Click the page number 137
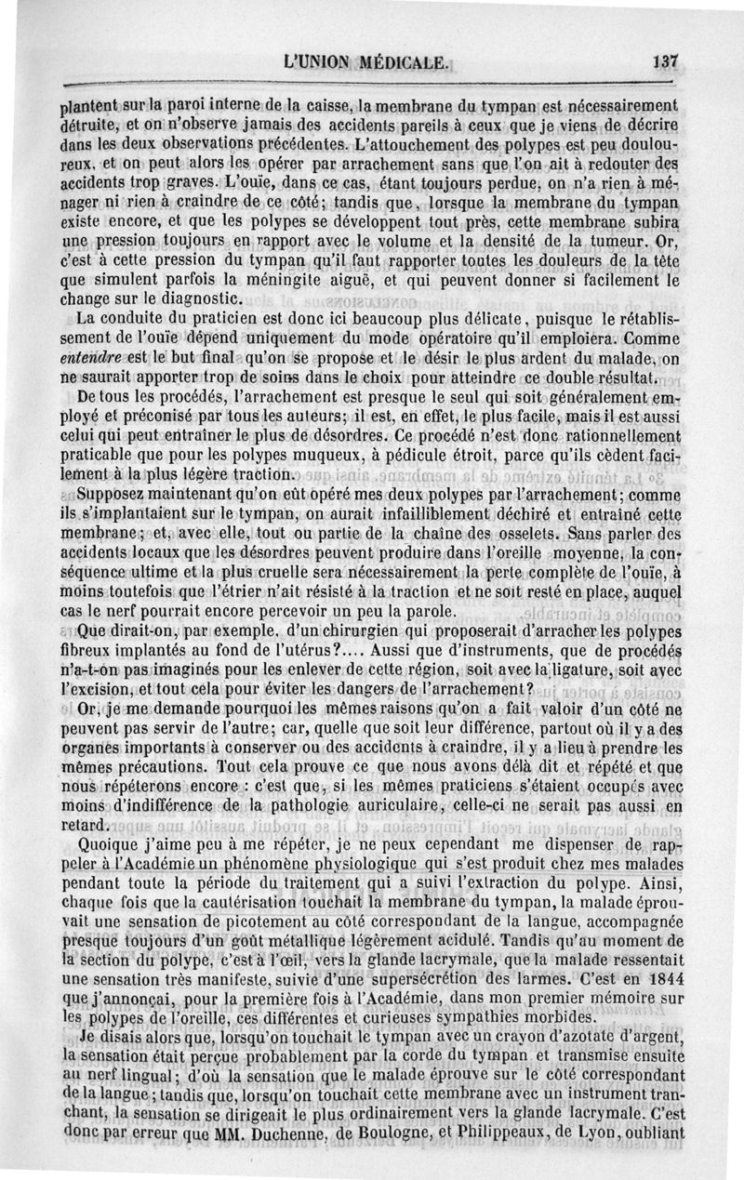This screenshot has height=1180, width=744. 667,62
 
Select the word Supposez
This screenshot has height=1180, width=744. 113,493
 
